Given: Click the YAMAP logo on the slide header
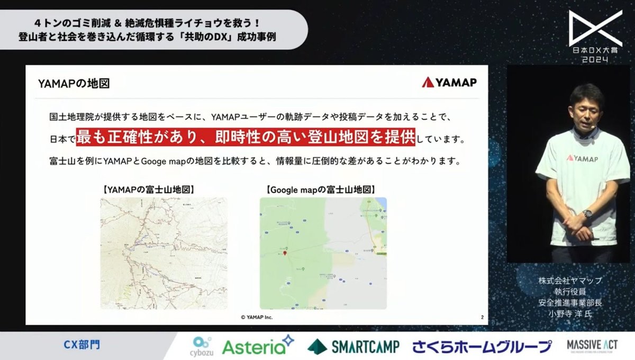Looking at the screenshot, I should pyautogui.click(x=449, y=83).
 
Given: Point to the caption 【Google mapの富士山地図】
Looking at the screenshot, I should pyautogui.click(x=322, y=188).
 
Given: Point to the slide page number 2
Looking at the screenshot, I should pyautogui.click(x=482, y=317).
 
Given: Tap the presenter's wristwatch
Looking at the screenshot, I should pyautogui.click(x=587, y=213).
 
